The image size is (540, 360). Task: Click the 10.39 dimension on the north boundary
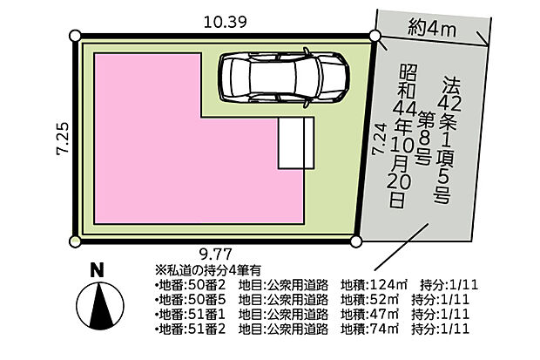[x=226, y=23]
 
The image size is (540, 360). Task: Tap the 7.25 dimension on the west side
[x=63, y=139]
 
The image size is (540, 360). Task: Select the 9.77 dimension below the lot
[x=216, y=255]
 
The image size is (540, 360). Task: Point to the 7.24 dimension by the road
[x=378, y=139]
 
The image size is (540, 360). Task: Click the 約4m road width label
[x=433, y=28]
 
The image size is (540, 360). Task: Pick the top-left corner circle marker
[x=75, y=36]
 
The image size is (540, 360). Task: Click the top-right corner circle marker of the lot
[x=375, y=36]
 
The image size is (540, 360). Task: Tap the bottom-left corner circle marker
[x=75, y=241]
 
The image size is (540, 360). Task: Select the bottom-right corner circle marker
[x=356, y=241]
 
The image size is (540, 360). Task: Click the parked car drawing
[x=284, y=78]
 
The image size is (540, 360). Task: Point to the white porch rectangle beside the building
[x=296, y=143]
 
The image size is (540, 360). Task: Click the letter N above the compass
[x=98, y=270]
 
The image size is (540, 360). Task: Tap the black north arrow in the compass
[x=101, y=305]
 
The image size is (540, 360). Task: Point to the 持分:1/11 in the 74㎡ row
[x=440, y=329]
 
